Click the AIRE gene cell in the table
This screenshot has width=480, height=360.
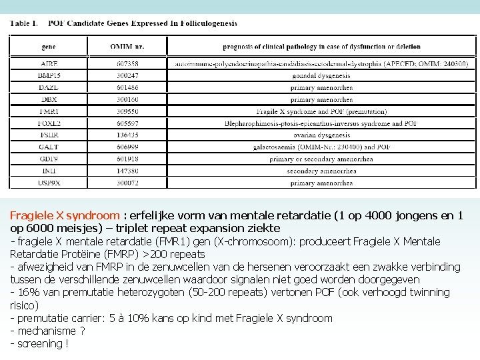click(49, 63)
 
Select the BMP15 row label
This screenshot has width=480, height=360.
click(49, 75)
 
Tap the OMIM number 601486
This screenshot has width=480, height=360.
click(127, 87)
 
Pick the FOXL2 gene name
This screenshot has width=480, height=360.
click(49, 123)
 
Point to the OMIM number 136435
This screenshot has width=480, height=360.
click(127, 135)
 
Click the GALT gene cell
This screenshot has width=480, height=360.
click(49, 147)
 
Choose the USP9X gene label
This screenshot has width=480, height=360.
click(49, 183)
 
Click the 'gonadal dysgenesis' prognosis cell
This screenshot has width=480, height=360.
click(321, 75)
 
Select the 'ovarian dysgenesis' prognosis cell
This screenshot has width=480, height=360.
click(321, 135)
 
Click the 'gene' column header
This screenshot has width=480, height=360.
click(49, 47)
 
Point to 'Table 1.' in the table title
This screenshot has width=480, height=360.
click(24, 23)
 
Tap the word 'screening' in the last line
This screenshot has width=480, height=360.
click(39, 344)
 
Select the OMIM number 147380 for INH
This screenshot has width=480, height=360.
click(127, 171)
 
